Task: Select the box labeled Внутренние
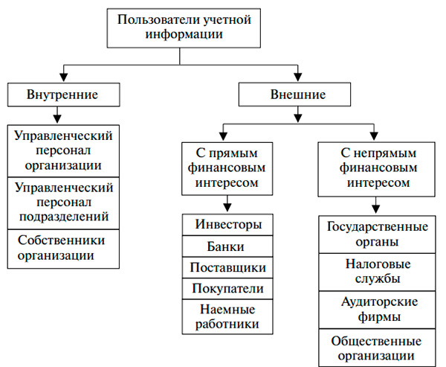pos(62,95)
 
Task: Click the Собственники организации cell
pos(62,248)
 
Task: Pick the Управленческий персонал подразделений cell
pos(62,202)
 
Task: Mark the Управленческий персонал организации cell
pos(62,151)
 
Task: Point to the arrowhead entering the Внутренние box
pos(62,80)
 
